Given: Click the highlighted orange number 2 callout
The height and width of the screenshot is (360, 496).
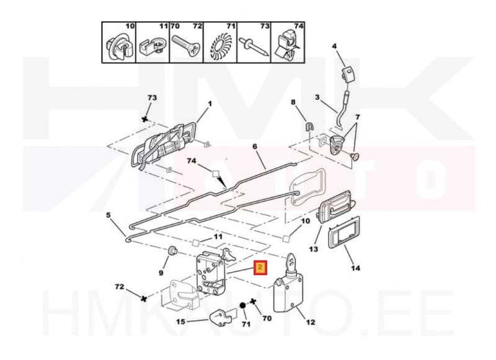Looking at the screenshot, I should point(260,268).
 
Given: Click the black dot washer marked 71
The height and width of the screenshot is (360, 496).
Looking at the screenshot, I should point(243,307).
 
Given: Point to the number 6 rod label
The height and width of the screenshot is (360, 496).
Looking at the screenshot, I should point(254,147).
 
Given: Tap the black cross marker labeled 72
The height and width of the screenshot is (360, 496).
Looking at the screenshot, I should point(144,298).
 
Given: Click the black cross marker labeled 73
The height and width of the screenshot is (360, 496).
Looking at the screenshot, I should point(145,118).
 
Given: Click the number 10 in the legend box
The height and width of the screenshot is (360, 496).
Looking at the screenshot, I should point(130,27).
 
